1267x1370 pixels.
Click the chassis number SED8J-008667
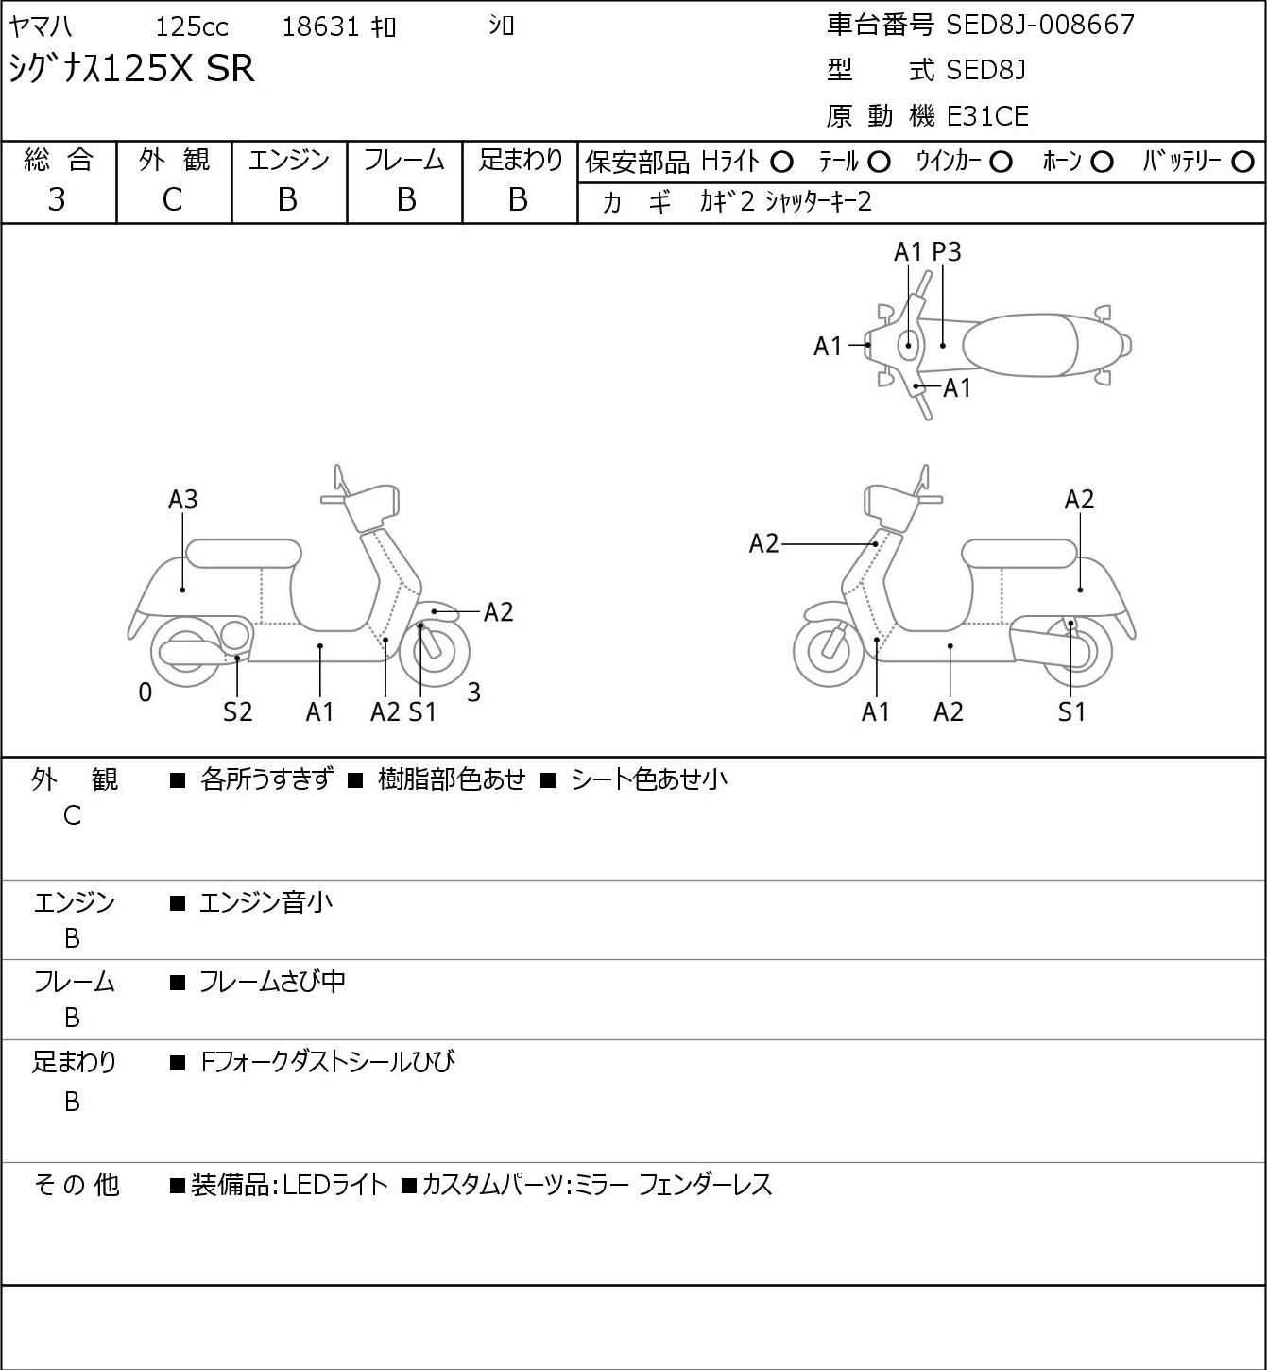point(1040,26)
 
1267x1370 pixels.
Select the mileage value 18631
point(320,26)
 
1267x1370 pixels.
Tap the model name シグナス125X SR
point(132,69)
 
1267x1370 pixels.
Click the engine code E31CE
point(987,116)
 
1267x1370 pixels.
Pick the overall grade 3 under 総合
point(57,199)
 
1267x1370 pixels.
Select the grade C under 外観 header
point(172,200)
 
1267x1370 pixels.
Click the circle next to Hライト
point(781,163)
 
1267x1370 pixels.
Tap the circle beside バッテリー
point(1242,163)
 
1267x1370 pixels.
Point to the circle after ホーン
point(1102,163)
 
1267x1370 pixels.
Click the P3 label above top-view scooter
point(946,251)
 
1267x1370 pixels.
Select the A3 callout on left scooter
point(183,499)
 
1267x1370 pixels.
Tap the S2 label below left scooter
point(237,711)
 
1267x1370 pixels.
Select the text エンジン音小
point(265,902)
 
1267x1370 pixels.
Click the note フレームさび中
point(272,982)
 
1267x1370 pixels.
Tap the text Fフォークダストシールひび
point(328,1062)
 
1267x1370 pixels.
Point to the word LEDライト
point(335,1185)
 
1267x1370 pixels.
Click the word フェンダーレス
point(705,1185)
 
